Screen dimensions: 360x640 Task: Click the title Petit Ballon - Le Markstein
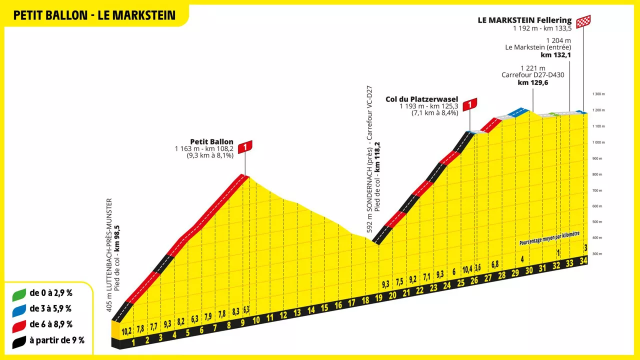(x=94, y=15)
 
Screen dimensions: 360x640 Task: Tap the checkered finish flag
(x=583, y=21)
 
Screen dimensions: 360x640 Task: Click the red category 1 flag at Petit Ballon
(x=245, y=146)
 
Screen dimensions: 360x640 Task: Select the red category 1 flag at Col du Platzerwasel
(x=470, y=103)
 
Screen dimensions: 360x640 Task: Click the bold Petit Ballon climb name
(x=211, y=141)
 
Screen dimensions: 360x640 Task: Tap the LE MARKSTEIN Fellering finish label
(x=524, y=20)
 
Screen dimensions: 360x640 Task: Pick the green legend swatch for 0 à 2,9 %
(x=19, y=294)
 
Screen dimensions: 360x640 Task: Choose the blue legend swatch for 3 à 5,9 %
(x=19, y=309)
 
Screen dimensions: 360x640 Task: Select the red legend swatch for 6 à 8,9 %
(x=19, y=325)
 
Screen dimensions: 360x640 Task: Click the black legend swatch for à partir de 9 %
(x=19, y=341)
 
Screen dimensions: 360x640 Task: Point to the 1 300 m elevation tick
(x=598, y=94)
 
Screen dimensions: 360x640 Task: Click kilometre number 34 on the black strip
(x=583, y=260)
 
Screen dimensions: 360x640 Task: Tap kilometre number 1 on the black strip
(x=133, y=343)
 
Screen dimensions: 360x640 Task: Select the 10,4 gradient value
(x=467, y=269)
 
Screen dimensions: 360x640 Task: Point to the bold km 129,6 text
(x=533, y=82)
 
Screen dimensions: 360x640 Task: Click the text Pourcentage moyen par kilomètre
(x=549, y=238)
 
